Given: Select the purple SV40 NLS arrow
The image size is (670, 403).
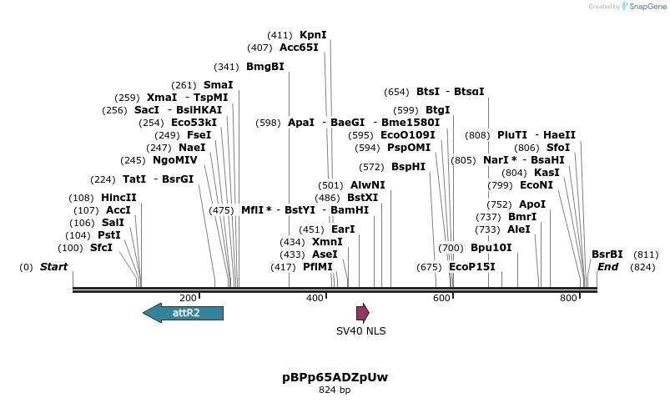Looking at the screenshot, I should click(362, 313).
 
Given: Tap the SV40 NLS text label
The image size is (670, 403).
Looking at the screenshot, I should click(360, 331).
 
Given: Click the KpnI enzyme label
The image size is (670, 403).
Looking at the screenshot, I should click(313, 35).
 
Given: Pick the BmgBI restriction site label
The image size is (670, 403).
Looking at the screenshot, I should click(264, 67).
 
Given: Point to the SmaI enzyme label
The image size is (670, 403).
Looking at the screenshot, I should click(218, 85).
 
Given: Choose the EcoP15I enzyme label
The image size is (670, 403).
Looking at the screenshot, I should click(471, 267).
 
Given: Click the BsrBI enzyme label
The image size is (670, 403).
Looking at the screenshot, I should click(607, 254).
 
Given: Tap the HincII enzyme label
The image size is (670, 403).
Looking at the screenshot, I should click(118, 198).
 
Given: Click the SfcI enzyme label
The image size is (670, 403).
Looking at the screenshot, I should click(101, 248).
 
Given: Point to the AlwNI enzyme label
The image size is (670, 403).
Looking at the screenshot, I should click(368, 185).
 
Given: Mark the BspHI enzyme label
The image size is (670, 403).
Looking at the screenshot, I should click(408, 167).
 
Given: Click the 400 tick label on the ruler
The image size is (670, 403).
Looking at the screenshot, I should click(315, 298).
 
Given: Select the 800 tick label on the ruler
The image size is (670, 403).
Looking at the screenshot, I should click(568, 298).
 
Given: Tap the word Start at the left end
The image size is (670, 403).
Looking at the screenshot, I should click(53, 267).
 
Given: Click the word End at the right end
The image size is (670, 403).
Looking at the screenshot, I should click(607, 267).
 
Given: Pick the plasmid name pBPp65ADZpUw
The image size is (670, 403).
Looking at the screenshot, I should click(335, 377).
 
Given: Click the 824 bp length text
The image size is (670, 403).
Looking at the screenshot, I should click(335, 390).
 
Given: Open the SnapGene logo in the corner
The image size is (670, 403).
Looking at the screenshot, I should click(645, 6).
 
